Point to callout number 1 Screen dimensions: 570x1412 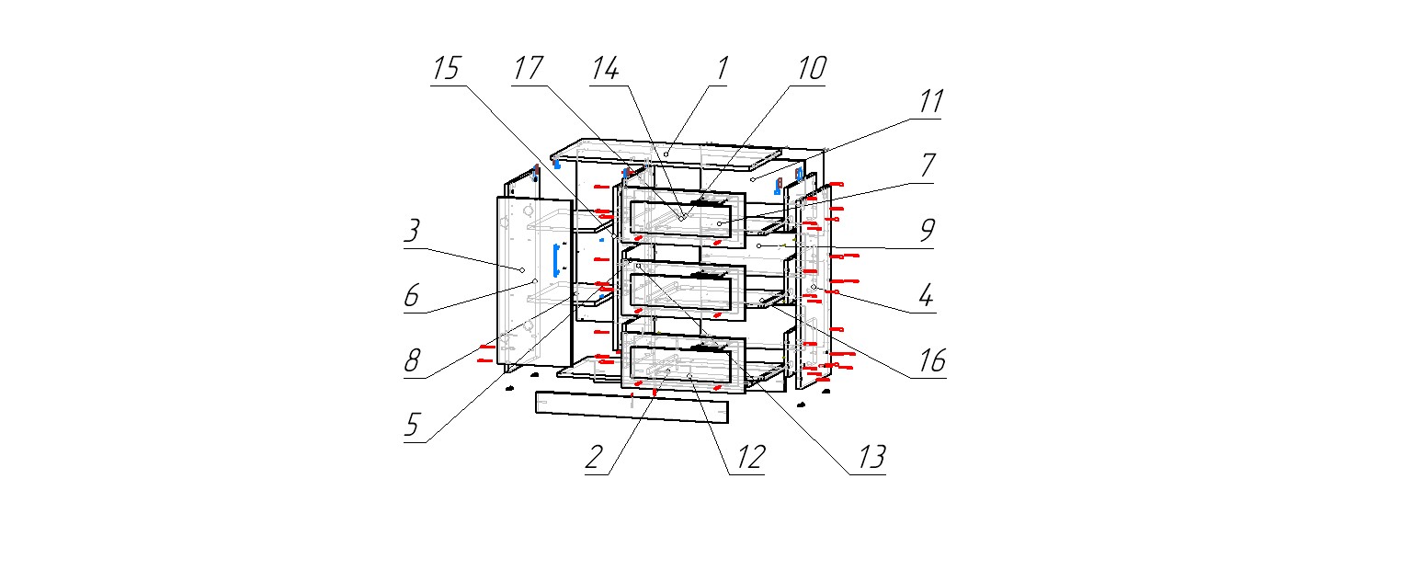722,70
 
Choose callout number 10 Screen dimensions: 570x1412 811,70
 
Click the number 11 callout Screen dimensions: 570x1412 931,102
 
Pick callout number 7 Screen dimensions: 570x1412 927,165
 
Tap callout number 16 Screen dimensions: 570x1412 931,361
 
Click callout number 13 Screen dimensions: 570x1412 871,457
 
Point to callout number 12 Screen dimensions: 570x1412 749,457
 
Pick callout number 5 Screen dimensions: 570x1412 413,426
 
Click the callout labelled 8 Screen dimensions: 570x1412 413,362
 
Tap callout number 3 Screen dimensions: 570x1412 413,233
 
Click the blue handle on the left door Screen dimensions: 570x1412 555,260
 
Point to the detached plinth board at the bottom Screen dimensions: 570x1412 632,407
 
